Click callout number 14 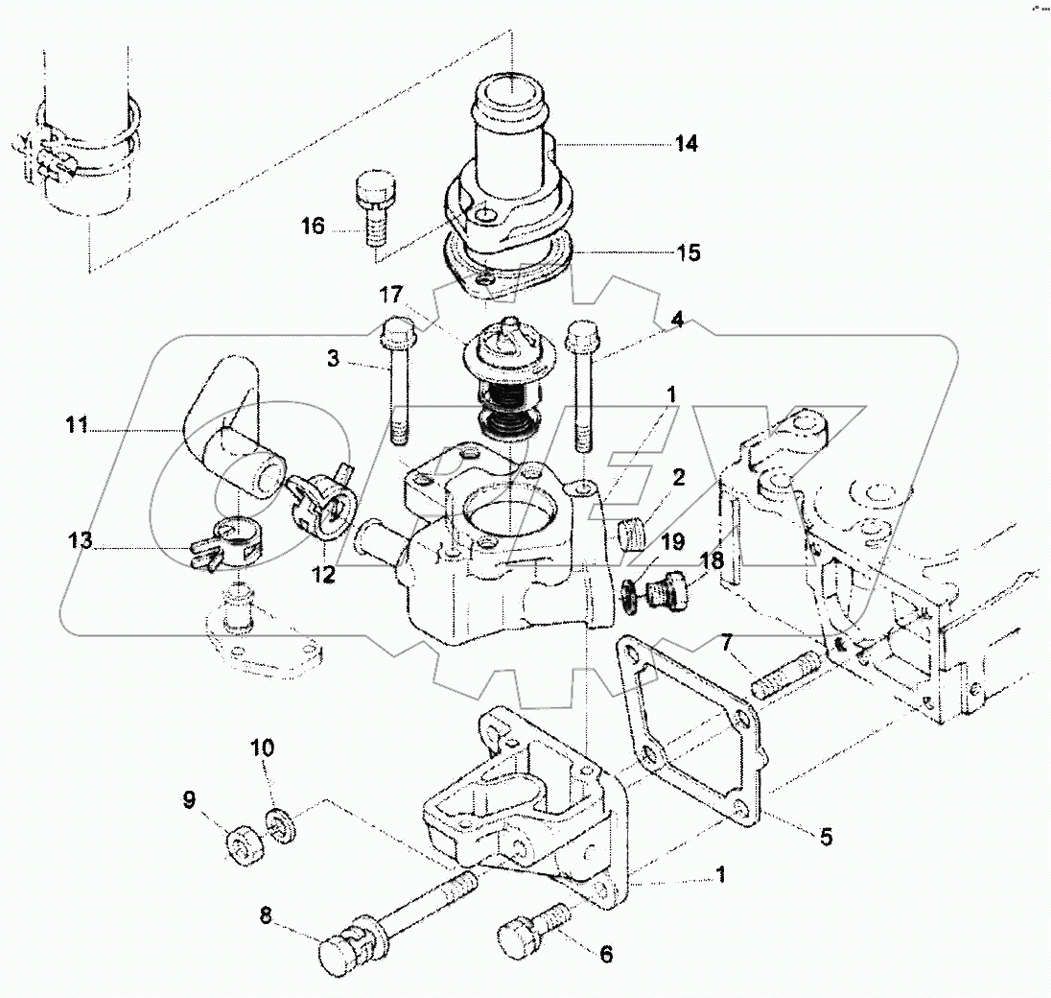coord(685,144)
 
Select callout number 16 coord(314,226)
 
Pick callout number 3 coord(333,360)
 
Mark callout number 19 coord(672,542)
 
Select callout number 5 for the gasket coord(825,836)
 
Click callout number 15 coord(687,253)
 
